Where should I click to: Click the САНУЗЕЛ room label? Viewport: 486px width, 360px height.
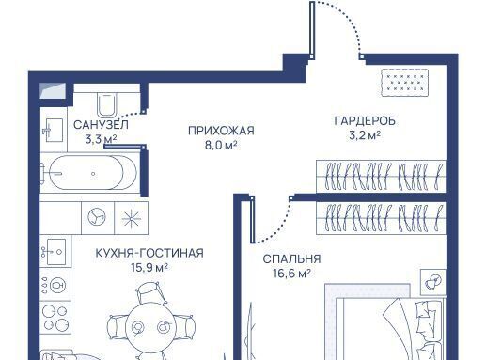point(101,125)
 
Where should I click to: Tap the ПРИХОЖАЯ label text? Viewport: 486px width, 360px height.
point(221,131)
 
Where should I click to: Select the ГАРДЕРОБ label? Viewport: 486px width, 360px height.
point(365,120)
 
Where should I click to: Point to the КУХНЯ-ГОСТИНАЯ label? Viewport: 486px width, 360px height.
point(149,253)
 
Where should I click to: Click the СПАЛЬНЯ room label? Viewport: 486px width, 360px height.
point(291,259)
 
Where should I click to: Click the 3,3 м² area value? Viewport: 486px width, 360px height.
point(101,139)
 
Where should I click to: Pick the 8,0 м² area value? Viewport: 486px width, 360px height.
point(221,145)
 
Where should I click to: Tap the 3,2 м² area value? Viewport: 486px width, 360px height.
point(365,135)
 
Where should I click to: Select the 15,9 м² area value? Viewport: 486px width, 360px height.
point(149,268)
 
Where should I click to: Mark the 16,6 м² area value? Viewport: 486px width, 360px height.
point(291,274)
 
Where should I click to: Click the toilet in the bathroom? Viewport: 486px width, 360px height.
point(107,104)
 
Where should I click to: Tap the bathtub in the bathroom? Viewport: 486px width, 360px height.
point(90,172)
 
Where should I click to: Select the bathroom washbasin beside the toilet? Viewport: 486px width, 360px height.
point(54,130)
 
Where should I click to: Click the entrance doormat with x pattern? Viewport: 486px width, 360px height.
point(404,83)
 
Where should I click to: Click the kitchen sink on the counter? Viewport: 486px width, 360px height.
point(55,251)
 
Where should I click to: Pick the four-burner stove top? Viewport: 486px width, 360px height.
point(55,317)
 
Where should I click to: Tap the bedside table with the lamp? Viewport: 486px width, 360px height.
point(433,282)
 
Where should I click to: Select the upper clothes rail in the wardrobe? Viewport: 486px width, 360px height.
point(381,177)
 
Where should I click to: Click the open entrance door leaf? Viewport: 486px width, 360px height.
point(312,30)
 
